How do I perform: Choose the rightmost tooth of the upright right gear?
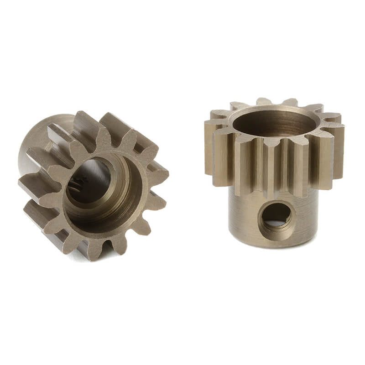(x=339, y=151)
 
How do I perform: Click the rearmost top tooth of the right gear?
(x=264, y=101)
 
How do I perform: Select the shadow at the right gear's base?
(x=274, y=250)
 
